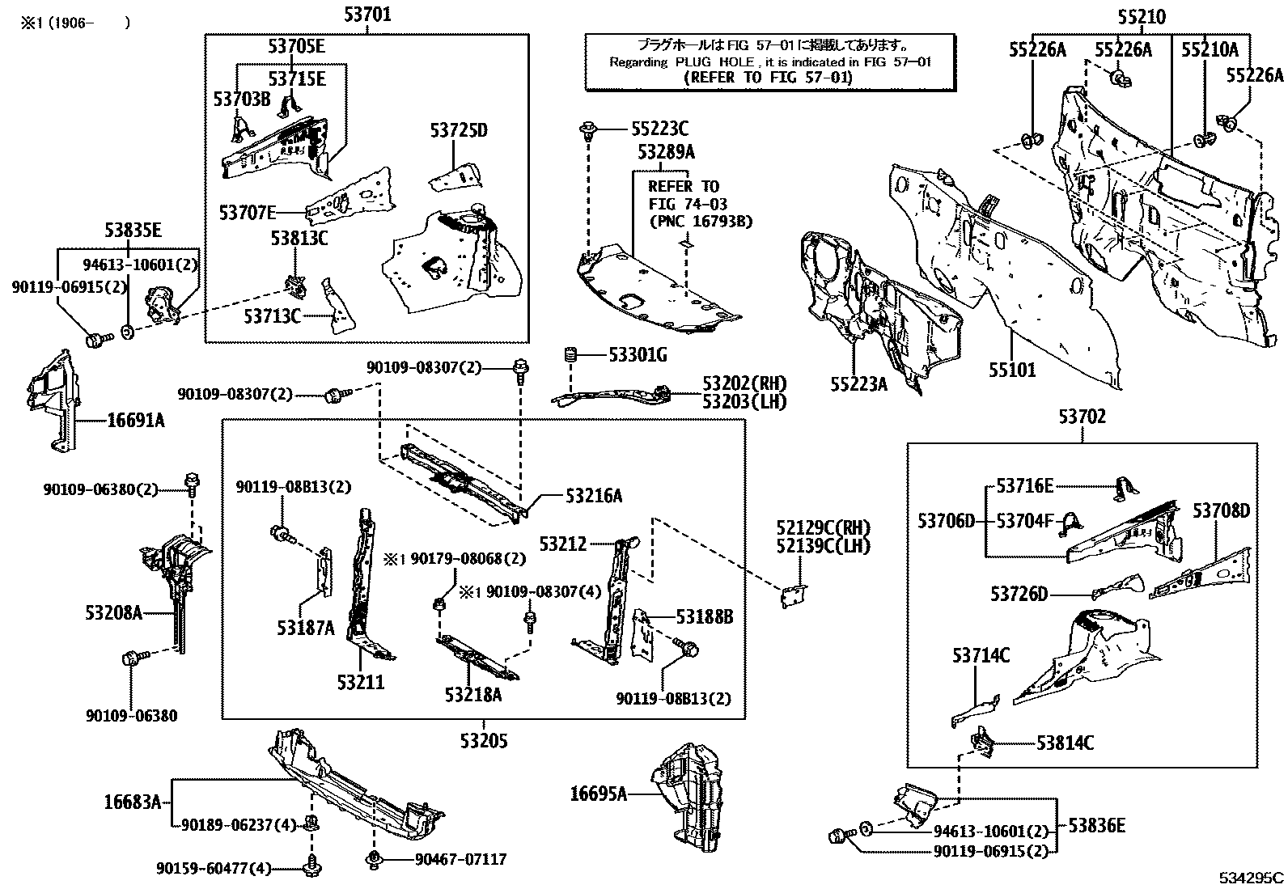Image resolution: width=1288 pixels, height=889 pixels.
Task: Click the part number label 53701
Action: [366, 14]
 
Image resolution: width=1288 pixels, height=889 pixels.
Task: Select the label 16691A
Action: [135, 420]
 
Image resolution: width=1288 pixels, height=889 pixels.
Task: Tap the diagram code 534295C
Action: [1252, 877]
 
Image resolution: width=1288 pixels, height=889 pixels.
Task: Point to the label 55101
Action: [1011, 370]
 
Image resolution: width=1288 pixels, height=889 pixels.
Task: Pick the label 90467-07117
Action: [460, 858]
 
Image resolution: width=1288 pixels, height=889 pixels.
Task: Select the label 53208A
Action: [113, 612]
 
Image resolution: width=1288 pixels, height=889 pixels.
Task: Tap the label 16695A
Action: [599, 794]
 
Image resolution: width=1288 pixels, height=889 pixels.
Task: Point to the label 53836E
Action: [1096, 826]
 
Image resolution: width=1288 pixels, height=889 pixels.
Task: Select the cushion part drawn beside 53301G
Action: [570, 354]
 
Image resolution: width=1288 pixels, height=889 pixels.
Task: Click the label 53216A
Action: [594, 495]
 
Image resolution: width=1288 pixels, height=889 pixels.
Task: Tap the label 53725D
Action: [459, 129]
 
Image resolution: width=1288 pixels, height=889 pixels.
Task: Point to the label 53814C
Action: [1066, 742]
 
